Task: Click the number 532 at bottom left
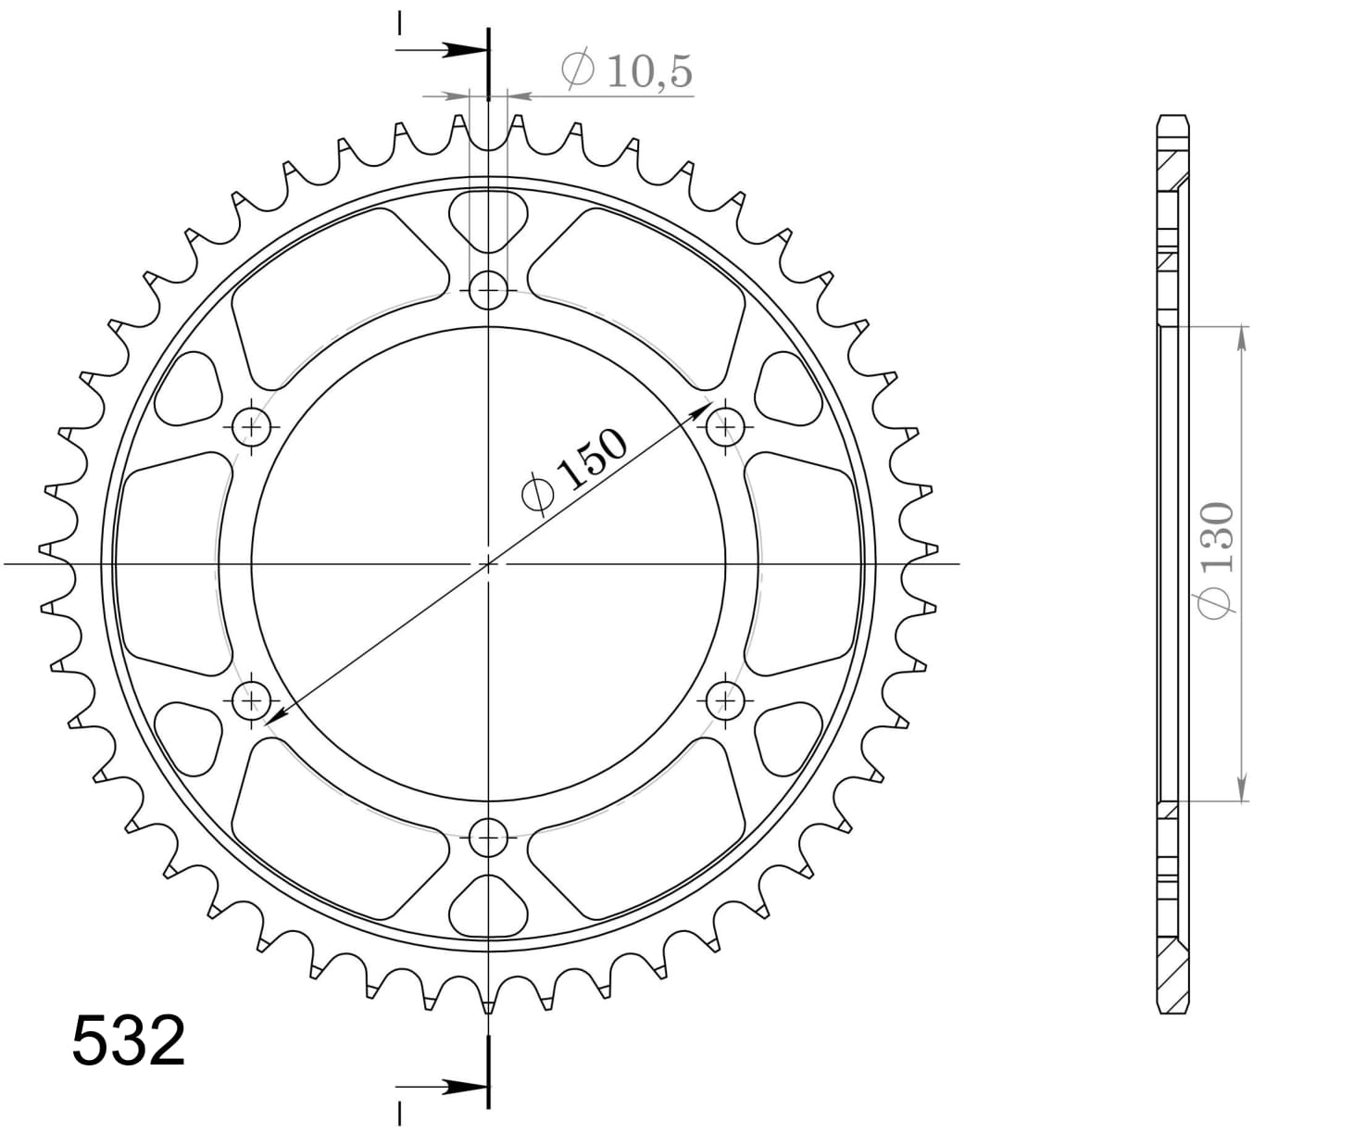click(129, 1041)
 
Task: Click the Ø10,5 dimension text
click(627, 72)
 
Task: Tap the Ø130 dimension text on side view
click(1217, 558)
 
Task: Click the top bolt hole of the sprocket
click(488, 292)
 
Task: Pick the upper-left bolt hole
click(251, 427)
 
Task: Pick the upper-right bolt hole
click(726, 427)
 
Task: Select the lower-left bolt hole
click(251, 699)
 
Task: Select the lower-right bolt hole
click(726, 699)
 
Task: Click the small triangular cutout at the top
click(488, 219)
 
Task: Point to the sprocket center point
click(488, 563)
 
